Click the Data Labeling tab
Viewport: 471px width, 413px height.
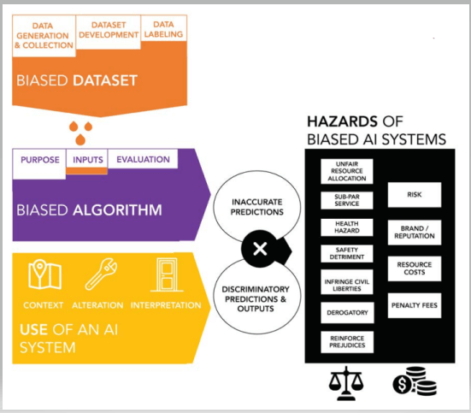164,28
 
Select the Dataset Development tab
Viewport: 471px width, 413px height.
109,32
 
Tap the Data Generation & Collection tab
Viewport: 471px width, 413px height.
44,36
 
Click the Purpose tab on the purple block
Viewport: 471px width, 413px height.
39,163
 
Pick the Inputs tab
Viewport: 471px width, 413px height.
87,159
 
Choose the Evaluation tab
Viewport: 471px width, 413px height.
143,159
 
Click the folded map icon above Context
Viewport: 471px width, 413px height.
44,274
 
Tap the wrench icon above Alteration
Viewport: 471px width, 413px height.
101,274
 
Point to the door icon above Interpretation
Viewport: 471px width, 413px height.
167,274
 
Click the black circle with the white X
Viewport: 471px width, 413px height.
260,249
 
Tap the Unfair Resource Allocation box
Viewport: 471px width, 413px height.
347,171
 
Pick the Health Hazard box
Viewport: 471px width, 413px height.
347,227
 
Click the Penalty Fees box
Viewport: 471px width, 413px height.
415,305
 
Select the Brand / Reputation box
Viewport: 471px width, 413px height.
415,233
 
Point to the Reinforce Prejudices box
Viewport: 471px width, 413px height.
347,342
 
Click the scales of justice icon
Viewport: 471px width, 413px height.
346,383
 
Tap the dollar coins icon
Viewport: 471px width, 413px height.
415,381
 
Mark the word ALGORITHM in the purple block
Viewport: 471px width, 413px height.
117,209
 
